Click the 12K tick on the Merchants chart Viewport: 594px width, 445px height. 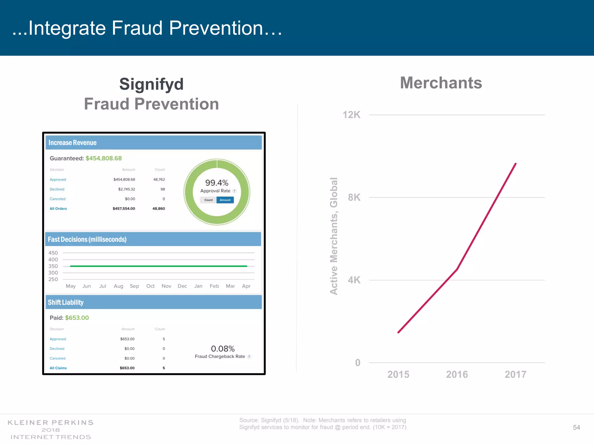pos(351,115)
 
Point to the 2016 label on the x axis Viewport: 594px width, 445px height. pos(457,374)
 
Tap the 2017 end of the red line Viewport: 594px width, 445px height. pos(515,164)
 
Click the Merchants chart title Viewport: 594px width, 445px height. pos(441,83)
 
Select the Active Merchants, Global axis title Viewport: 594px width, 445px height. pos(334,236)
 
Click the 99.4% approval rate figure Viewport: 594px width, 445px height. pos(217,183)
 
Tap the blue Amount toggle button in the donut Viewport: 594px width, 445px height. pos(225,200)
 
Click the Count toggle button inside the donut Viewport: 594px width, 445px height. pos(209,200)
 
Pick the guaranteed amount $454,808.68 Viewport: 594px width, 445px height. pos(104,158)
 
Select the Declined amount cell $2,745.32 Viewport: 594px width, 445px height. pos(126,189)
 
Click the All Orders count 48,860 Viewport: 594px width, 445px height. pos(159,209)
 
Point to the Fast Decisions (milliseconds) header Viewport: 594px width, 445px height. pos(87,239)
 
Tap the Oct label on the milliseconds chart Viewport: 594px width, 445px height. pos(150,286)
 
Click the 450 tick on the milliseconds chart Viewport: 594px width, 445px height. pos(53,253)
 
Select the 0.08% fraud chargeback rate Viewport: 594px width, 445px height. pos(223,349)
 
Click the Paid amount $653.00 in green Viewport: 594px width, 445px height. pos(77,318)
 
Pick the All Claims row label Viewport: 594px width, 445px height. pos(58,368)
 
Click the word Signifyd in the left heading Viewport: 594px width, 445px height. pos(151,84)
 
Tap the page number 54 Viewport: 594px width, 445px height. pos(576,427)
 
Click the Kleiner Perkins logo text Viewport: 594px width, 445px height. pos(51,423)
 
